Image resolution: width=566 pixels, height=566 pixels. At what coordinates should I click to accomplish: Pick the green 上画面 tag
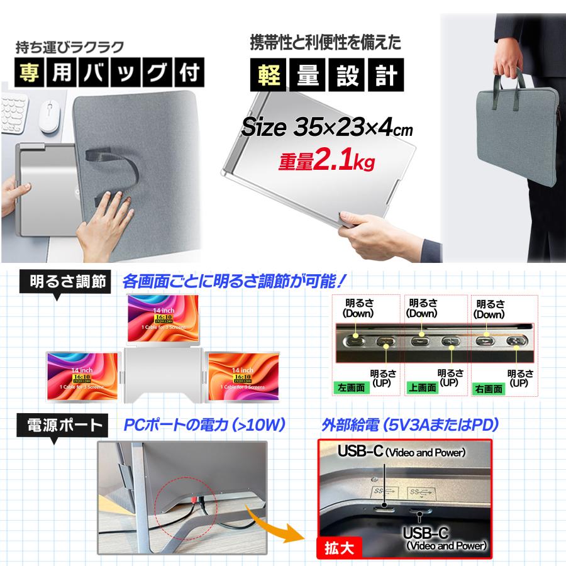tap(421, 388)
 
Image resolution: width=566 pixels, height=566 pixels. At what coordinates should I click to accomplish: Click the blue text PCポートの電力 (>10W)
tap(204, 425)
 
